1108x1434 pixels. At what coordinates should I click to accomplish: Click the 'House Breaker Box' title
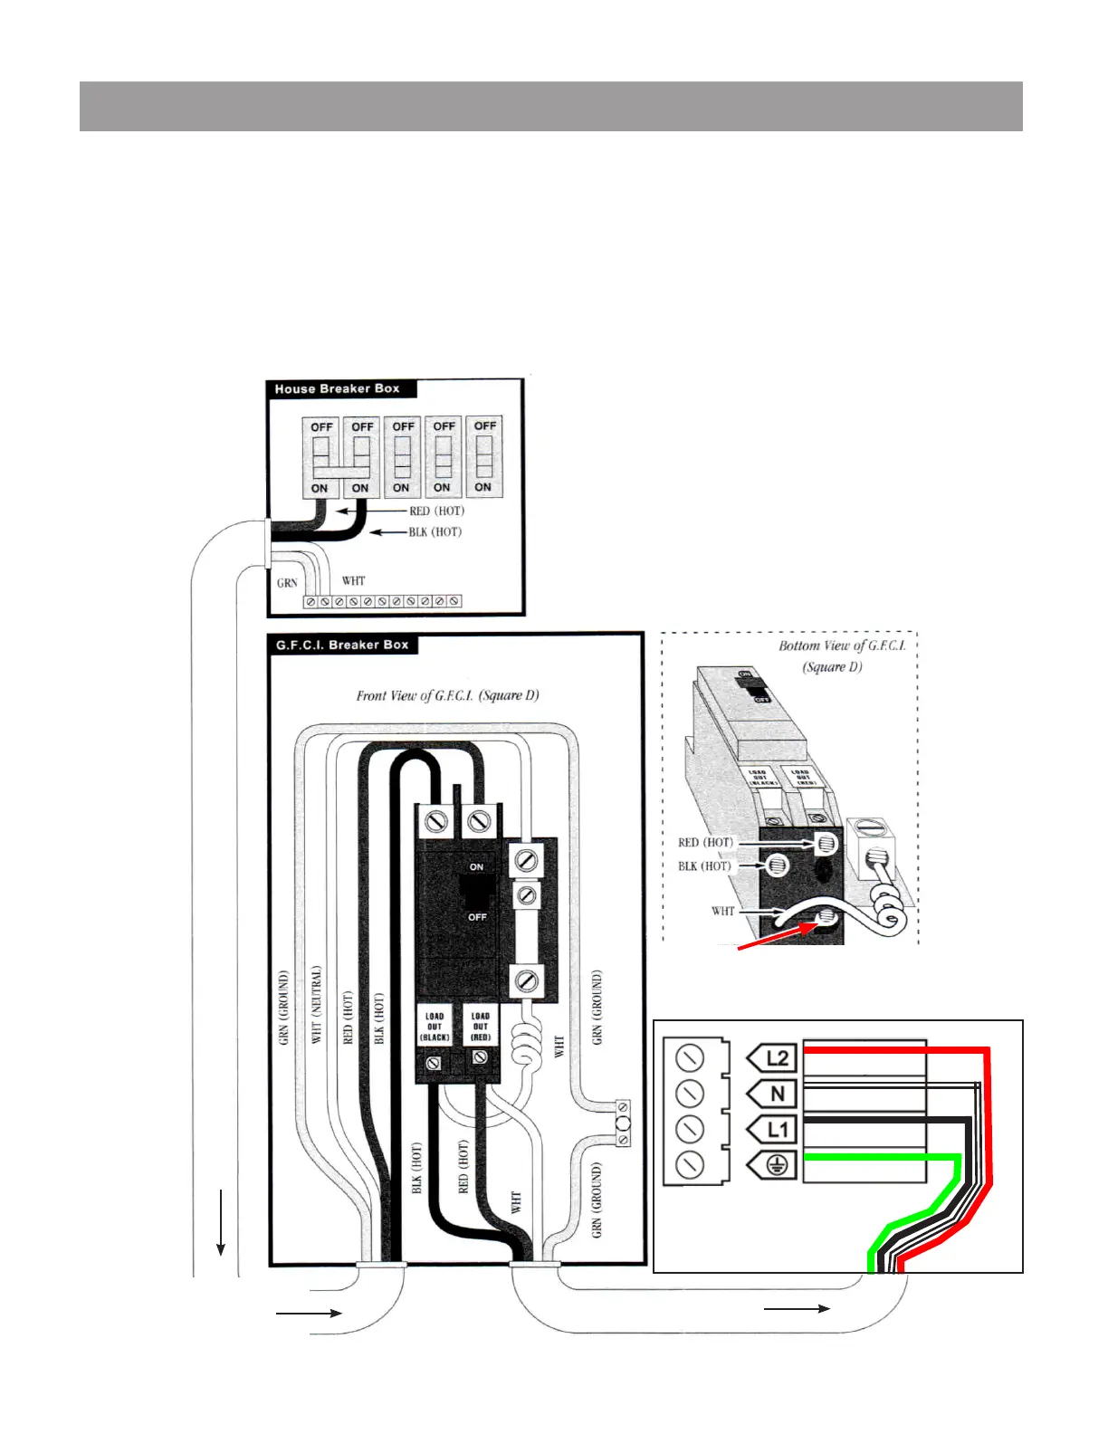tap(337, 389)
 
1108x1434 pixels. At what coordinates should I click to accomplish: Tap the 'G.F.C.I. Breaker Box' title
tap(342, 645)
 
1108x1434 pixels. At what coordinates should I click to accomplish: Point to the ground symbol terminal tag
tap(772, 1166)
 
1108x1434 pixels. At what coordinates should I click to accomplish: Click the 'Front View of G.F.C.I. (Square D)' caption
tap(447, 696)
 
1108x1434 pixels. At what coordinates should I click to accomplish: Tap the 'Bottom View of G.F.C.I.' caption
tap(842, 646)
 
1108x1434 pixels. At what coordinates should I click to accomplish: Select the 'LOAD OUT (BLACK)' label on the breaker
tap(435, 1027)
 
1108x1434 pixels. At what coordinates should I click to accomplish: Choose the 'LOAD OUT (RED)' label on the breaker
tap(481, 1027)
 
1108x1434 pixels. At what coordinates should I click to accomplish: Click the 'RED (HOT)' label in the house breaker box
tap(437, 511)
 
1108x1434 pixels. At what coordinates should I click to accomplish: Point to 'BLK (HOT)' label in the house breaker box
tap(435, 532)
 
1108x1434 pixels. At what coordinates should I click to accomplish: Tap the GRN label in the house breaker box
tap(287, 583)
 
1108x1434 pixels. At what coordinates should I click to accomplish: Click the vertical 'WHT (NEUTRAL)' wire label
tap(317, 1004)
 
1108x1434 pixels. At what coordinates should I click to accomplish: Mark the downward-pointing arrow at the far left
tap(220, 1223)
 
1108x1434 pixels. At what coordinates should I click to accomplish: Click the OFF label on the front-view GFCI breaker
tap(477, 917)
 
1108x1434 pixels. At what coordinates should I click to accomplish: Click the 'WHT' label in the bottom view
tap(722, 912)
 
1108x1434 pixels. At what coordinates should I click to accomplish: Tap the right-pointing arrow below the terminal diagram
tap(797, 1308)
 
